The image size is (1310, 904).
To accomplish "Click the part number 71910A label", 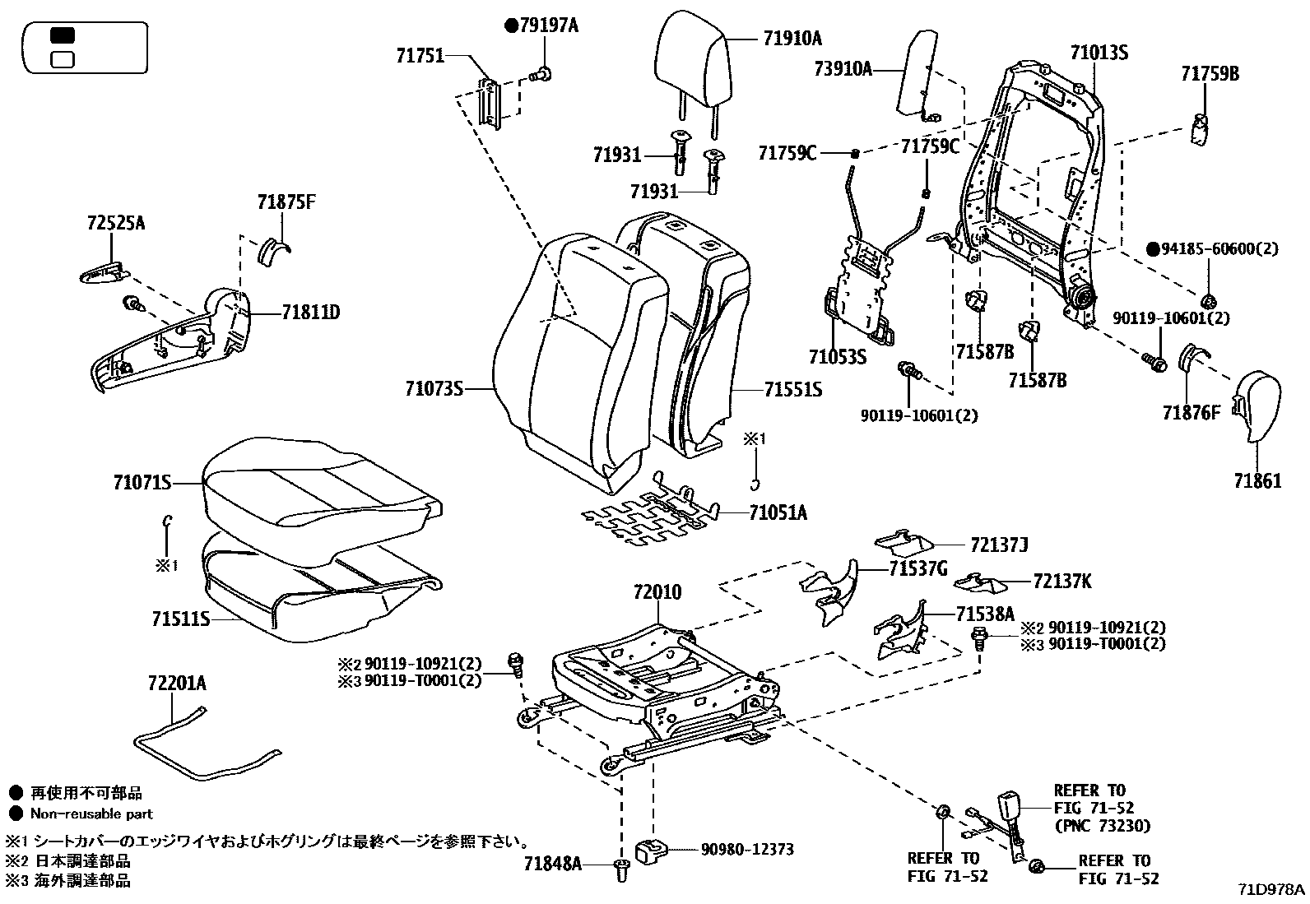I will pos(792,38).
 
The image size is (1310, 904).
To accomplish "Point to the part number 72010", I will pos(657,591).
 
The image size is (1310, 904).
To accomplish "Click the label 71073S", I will pos(434,388).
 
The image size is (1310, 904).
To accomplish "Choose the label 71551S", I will pos(792,389).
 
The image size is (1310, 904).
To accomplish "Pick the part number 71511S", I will pos(180,617).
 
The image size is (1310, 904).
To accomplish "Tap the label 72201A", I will pos(177,683).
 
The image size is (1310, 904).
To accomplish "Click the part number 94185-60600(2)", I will pos(1219,248).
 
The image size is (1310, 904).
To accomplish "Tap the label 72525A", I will pos(115,222).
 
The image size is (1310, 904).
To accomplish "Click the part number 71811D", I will pos(310,313).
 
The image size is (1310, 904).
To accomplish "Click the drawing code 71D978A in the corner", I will pos(1273,890).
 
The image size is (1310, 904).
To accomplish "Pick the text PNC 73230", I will pos(1102,826).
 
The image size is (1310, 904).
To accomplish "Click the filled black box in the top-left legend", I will pos(63,35).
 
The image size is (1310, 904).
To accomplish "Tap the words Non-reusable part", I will pos(91,814).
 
